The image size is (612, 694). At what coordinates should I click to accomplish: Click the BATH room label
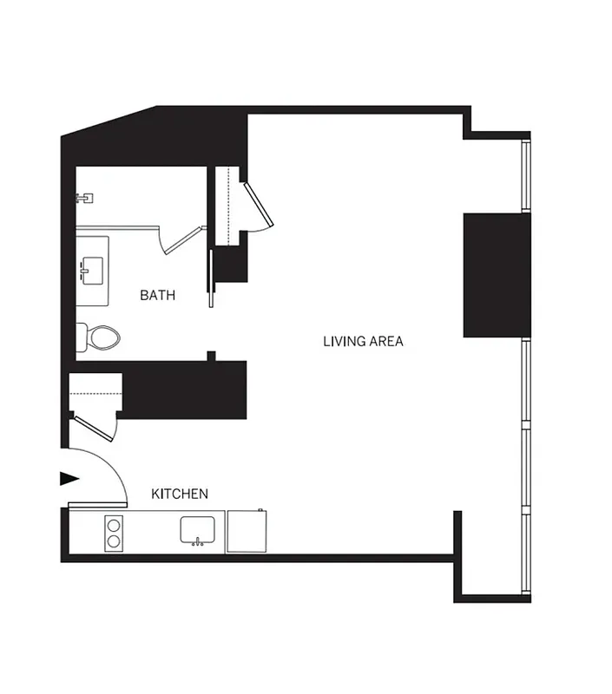(x=157, y=296)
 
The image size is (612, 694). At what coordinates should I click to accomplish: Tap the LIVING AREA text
(x=363, y=342)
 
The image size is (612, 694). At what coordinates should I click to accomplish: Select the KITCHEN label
(x=180, y=494)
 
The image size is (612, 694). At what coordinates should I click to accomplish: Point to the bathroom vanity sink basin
(x=92, y=270)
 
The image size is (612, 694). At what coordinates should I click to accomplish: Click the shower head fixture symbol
(x=84, y=198)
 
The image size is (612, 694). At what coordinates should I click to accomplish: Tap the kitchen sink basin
(x=199, y=528)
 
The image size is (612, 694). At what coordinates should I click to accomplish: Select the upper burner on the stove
(x=113, y=524)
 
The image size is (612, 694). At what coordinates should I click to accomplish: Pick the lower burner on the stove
(x=113, y=542)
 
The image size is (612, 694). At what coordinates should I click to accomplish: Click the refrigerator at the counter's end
(x=247, y=531)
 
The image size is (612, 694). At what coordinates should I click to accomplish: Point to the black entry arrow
(x=68, y=479)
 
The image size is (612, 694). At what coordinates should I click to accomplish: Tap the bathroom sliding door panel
(x=209, y=278)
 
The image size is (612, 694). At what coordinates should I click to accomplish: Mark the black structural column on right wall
(x=496, y=274)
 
